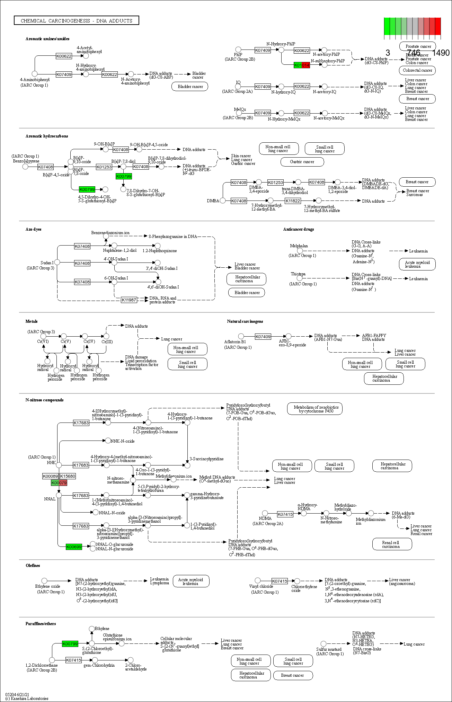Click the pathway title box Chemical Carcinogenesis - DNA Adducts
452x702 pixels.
point(77,20)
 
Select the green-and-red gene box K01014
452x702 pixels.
point(301,65)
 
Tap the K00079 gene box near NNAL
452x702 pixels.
point(59,483)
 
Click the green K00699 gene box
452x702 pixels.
point(74,547)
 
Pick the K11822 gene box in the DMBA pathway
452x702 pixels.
point(293,201)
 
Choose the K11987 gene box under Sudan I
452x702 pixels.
point(129,300)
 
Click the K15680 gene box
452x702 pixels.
point(68,476)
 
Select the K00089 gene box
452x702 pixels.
point(50,476)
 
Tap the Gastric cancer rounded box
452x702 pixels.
point(302,162)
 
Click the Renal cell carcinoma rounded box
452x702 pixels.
point(392,544)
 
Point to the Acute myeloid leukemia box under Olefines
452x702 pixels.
point(191,581)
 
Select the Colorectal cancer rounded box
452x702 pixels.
point(417,70)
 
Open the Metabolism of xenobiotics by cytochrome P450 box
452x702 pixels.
point(315,409)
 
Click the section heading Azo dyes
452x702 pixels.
point(33,229)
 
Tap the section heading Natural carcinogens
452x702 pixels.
point(245,321)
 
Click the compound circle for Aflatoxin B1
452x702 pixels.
point(241,336)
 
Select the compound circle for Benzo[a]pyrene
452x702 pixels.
point(25,167)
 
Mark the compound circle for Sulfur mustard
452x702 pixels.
point(324,644)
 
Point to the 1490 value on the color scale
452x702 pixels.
point(441,53)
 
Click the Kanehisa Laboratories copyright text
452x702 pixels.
point(27,698)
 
